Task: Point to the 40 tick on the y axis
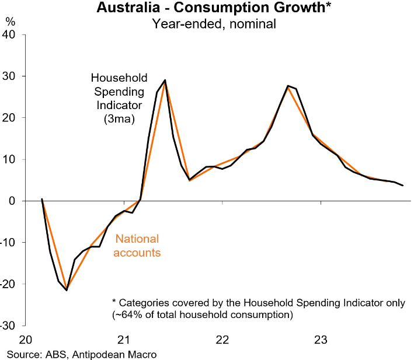[x=12, y=35]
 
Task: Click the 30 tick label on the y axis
[x=12, y=76]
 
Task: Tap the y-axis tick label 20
[x=12, y=118]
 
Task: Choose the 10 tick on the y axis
[x=12, y=159]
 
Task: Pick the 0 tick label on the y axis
[x=16, y=201]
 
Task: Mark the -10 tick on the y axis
[x=10, y=243]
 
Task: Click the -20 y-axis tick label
[x=10, y=284]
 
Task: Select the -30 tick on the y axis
[x=10, y=326]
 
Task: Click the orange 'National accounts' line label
[x=137, y=246]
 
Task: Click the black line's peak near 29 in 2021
[x=165, y=80]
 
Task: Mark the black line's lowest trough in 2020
[x=67, y=290]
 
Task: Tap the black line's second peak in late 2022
[x=288, y=86]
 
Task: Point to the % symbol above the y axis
[x=11, y=21]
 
